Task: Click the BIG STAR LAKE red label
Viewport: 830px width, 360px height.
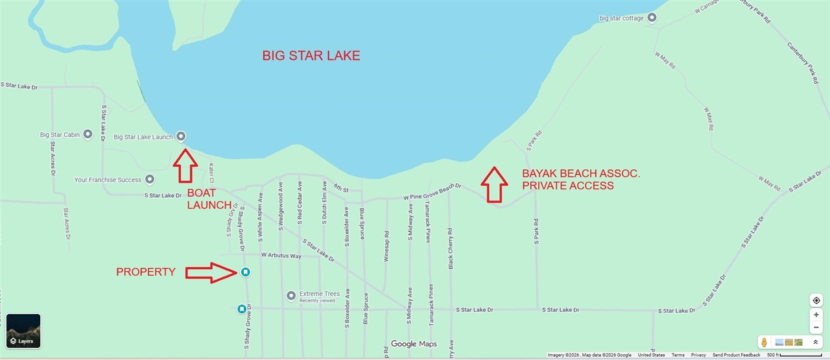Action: pyautogui.click(x=311, y=56)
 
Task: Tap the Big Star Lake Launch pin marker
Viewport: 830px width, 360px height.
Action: pyautogui.click(x=181, y=136)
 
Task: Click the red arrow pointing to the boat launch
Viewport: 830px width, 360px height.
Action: pyautogui.click(x=185, y=165)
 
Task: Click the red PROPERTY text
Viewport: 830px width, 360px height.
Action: pyautogui.click(x=145, y=272)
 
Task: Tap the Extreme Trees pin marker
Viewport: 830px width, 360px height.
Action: pyautogui.click(x=292, y=296)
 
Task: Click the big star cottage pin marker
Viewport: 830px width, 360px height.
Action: pyautogui.click(x=652, y=18)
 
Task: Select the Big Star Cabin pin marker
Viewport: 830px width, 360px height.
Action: pyautogui.click(x=88, y=134)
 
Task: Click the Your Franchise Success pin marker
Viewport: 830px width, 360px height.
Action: pyautogui.click(x=150, y=179)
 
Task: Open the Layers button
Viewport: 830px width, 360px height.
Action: pyautogui.click(x=23, y=331)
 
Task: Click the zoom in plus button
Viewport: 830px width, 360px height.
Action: pyautogui.click(x=816, y=315)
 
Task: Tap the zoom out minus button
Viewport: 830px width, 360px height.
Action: pyautogui.click(x=816, y=328)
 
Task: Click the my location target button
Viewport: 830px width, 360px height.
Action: pyautogui.click(x=816, y=300)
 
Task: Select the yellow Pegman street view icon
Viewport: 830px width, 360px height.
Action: pyautogui.click(x=765, y=342)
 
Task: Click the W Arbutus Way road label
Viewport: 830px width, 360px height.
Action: pyautogui.click(x=281, y=256)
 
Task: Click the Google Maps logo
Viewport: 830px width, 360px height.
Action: pyautogui.click(x=414, y=344)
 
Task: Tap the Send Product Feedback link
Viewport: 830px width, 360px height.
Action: pyautogui.click(x=736, y=355)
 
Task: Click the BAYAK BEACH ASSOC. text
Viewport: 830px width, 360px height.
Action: pyautogui.click(x=581, y=174)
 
